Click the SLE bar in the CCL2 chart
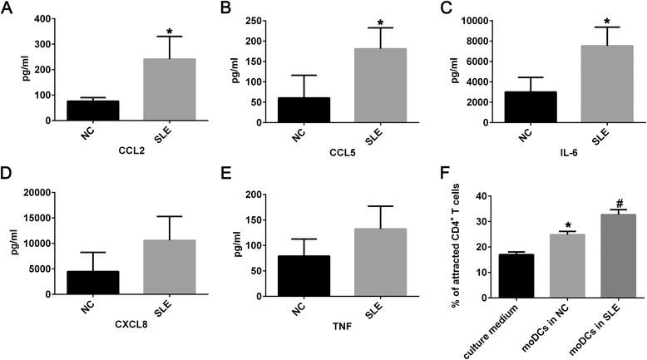[x=170, y=90]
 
